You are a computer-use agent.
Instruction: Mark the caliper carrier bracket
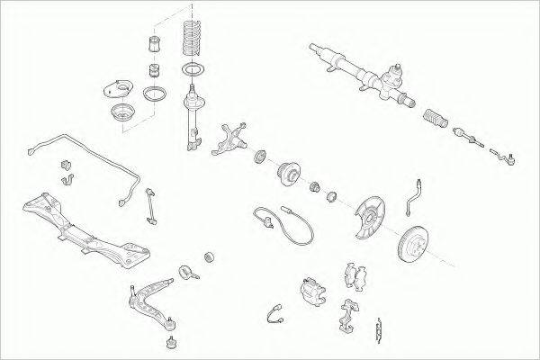point(346,315)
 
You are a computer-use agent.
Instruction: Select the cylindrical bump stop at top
point(153,45)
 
